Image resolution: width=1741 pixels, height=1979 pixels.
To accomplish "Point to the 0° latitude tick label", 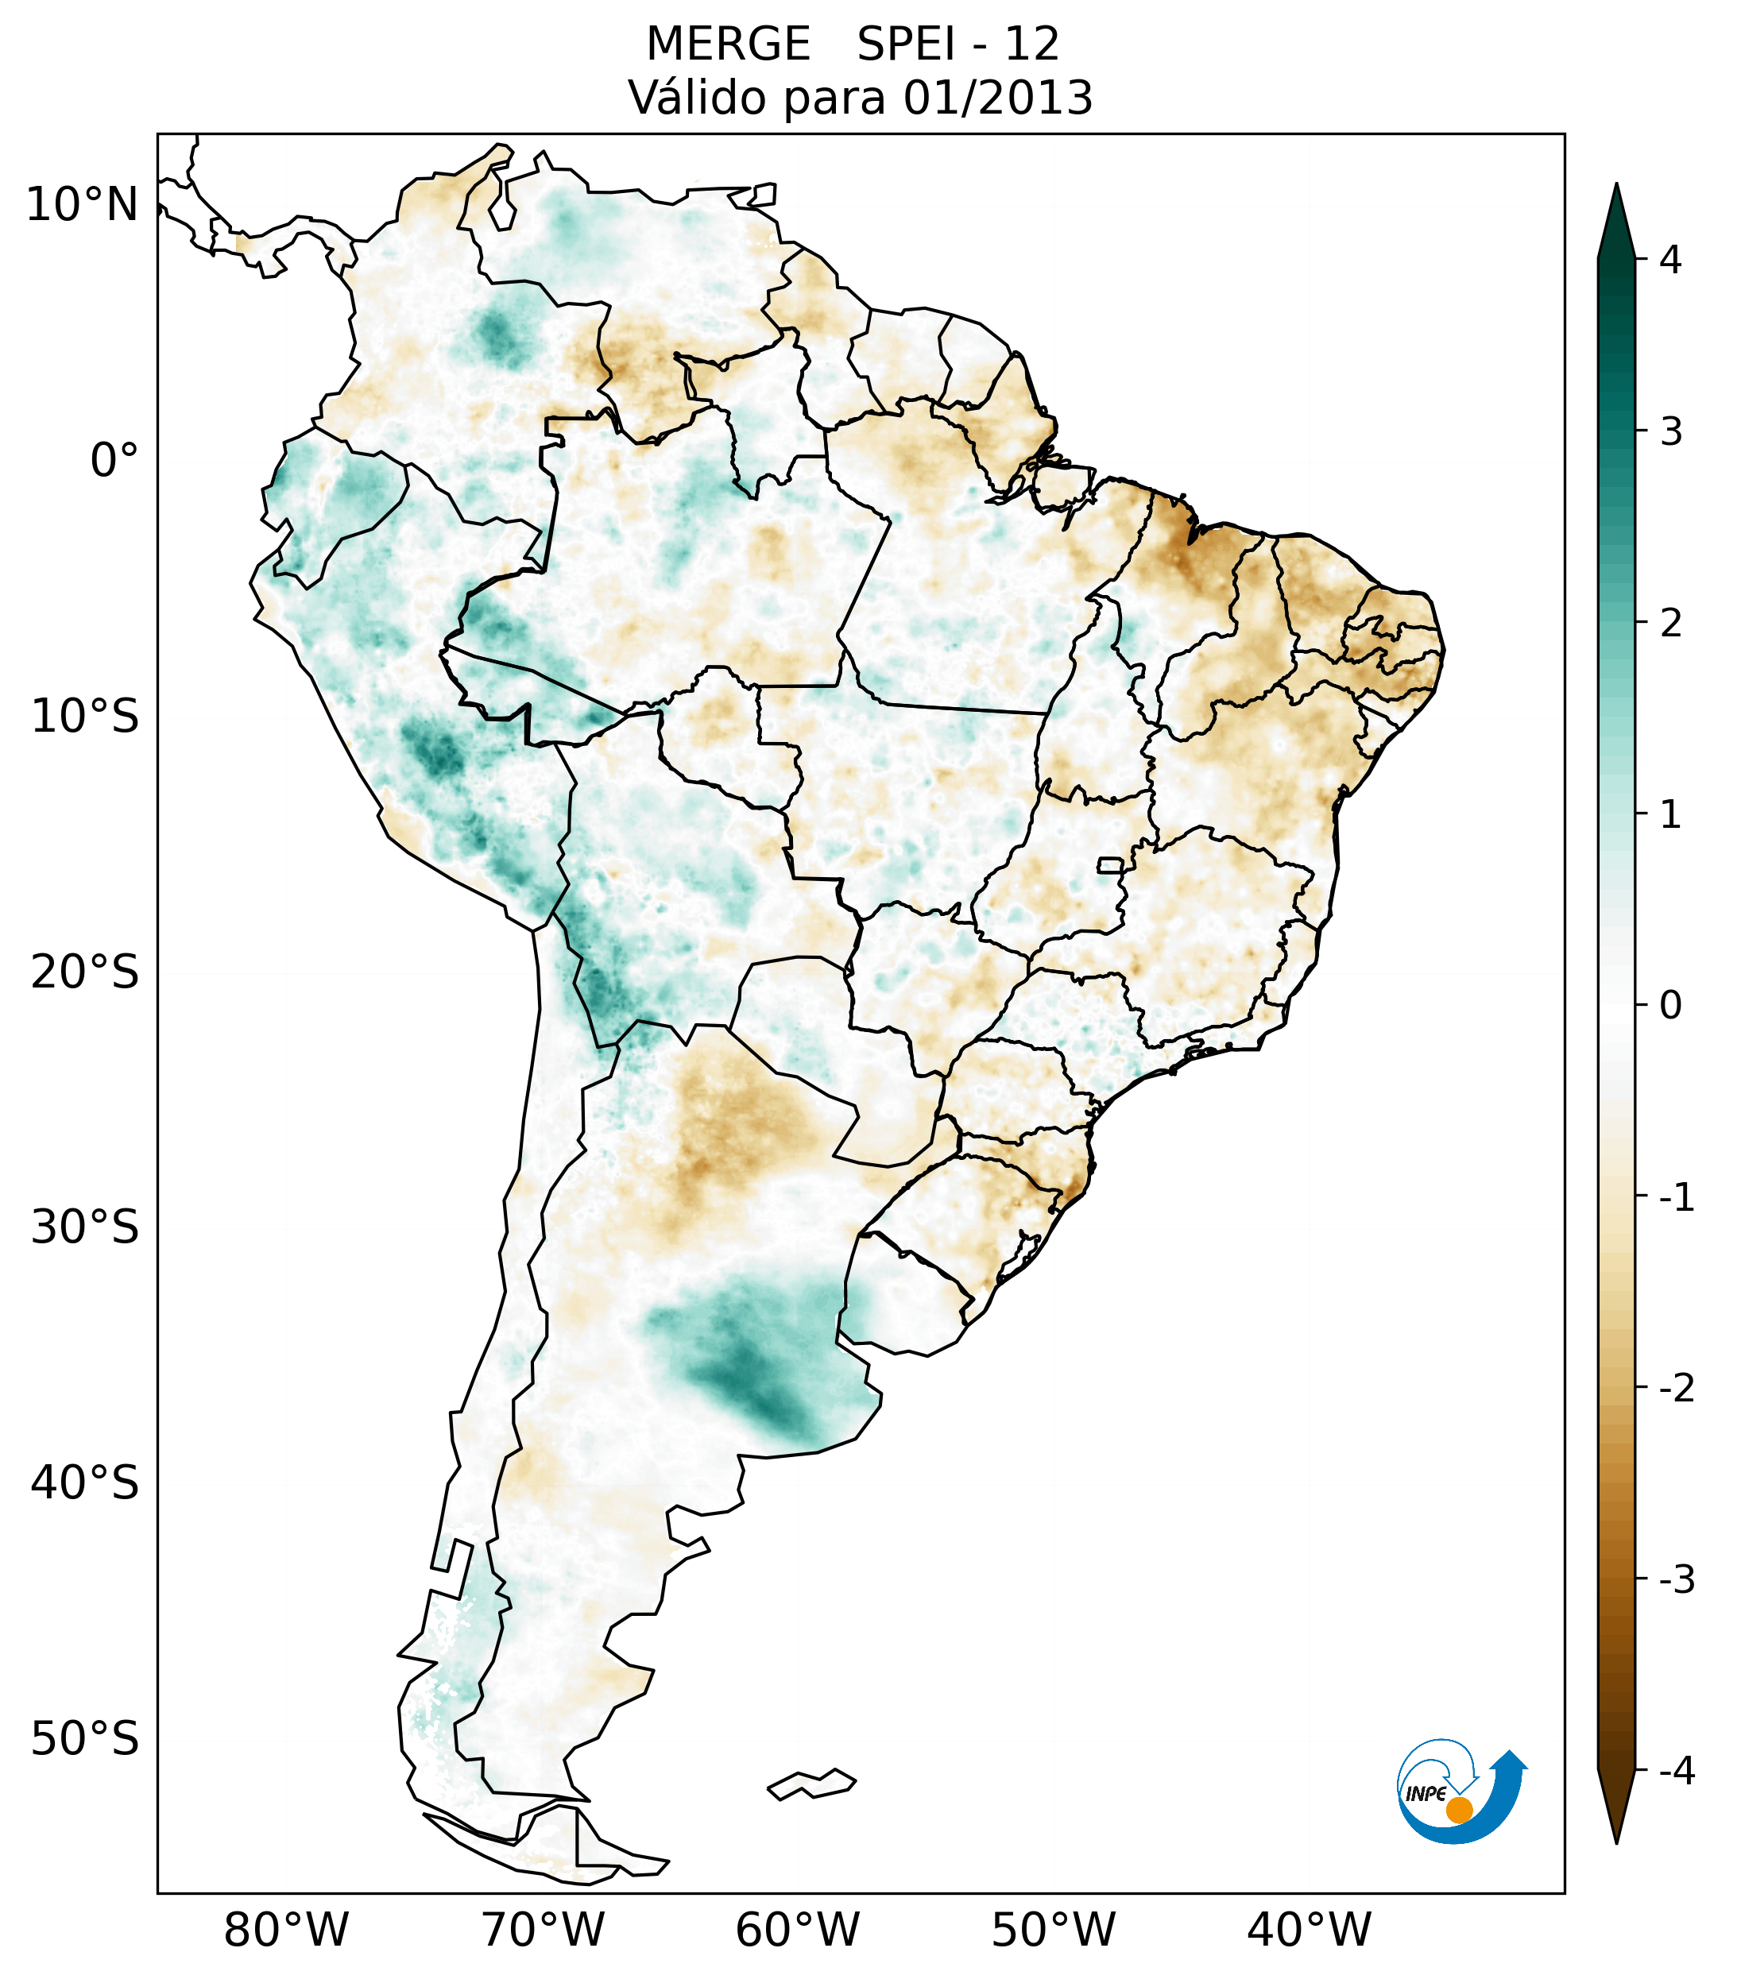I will pyautogui.click(x=114, y=461).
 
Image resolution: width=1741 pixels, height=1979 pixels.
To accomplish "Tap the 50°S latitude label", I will pyautogui.click(x=85, y=1739).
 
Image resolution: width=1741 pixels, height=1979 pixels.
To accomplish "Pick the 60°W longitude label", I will pyautogui.click(x=797, y=1930).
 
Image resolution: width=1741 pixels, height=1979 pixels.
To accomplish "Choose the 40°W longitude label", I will pyautogui.click(x=1310, y=1930).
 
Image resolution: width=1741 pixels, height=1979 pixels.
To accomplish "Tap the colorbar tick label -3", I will pyautogui.click(x=1676, y=1579).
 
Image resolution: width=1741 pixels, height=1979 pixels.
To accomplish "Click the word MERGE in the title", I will pyautogui.click(x=728, y=44).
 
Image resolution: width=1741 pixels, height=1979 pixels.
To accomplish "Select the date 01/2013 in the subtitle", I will pyautogui.click(x=998, y=98).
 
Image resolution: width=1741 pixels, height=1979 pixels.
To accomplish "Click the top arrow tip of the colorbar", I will pyautogui.click(x=1615, y=187).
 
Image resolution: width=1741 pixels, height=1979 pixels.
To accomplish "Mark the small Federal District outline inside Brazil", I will pyautogui.click(x=1111, y=864).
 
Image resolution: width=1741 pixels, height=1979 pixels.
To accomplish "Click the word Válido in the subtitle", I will pyautogui.click(x=697, y=98).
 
